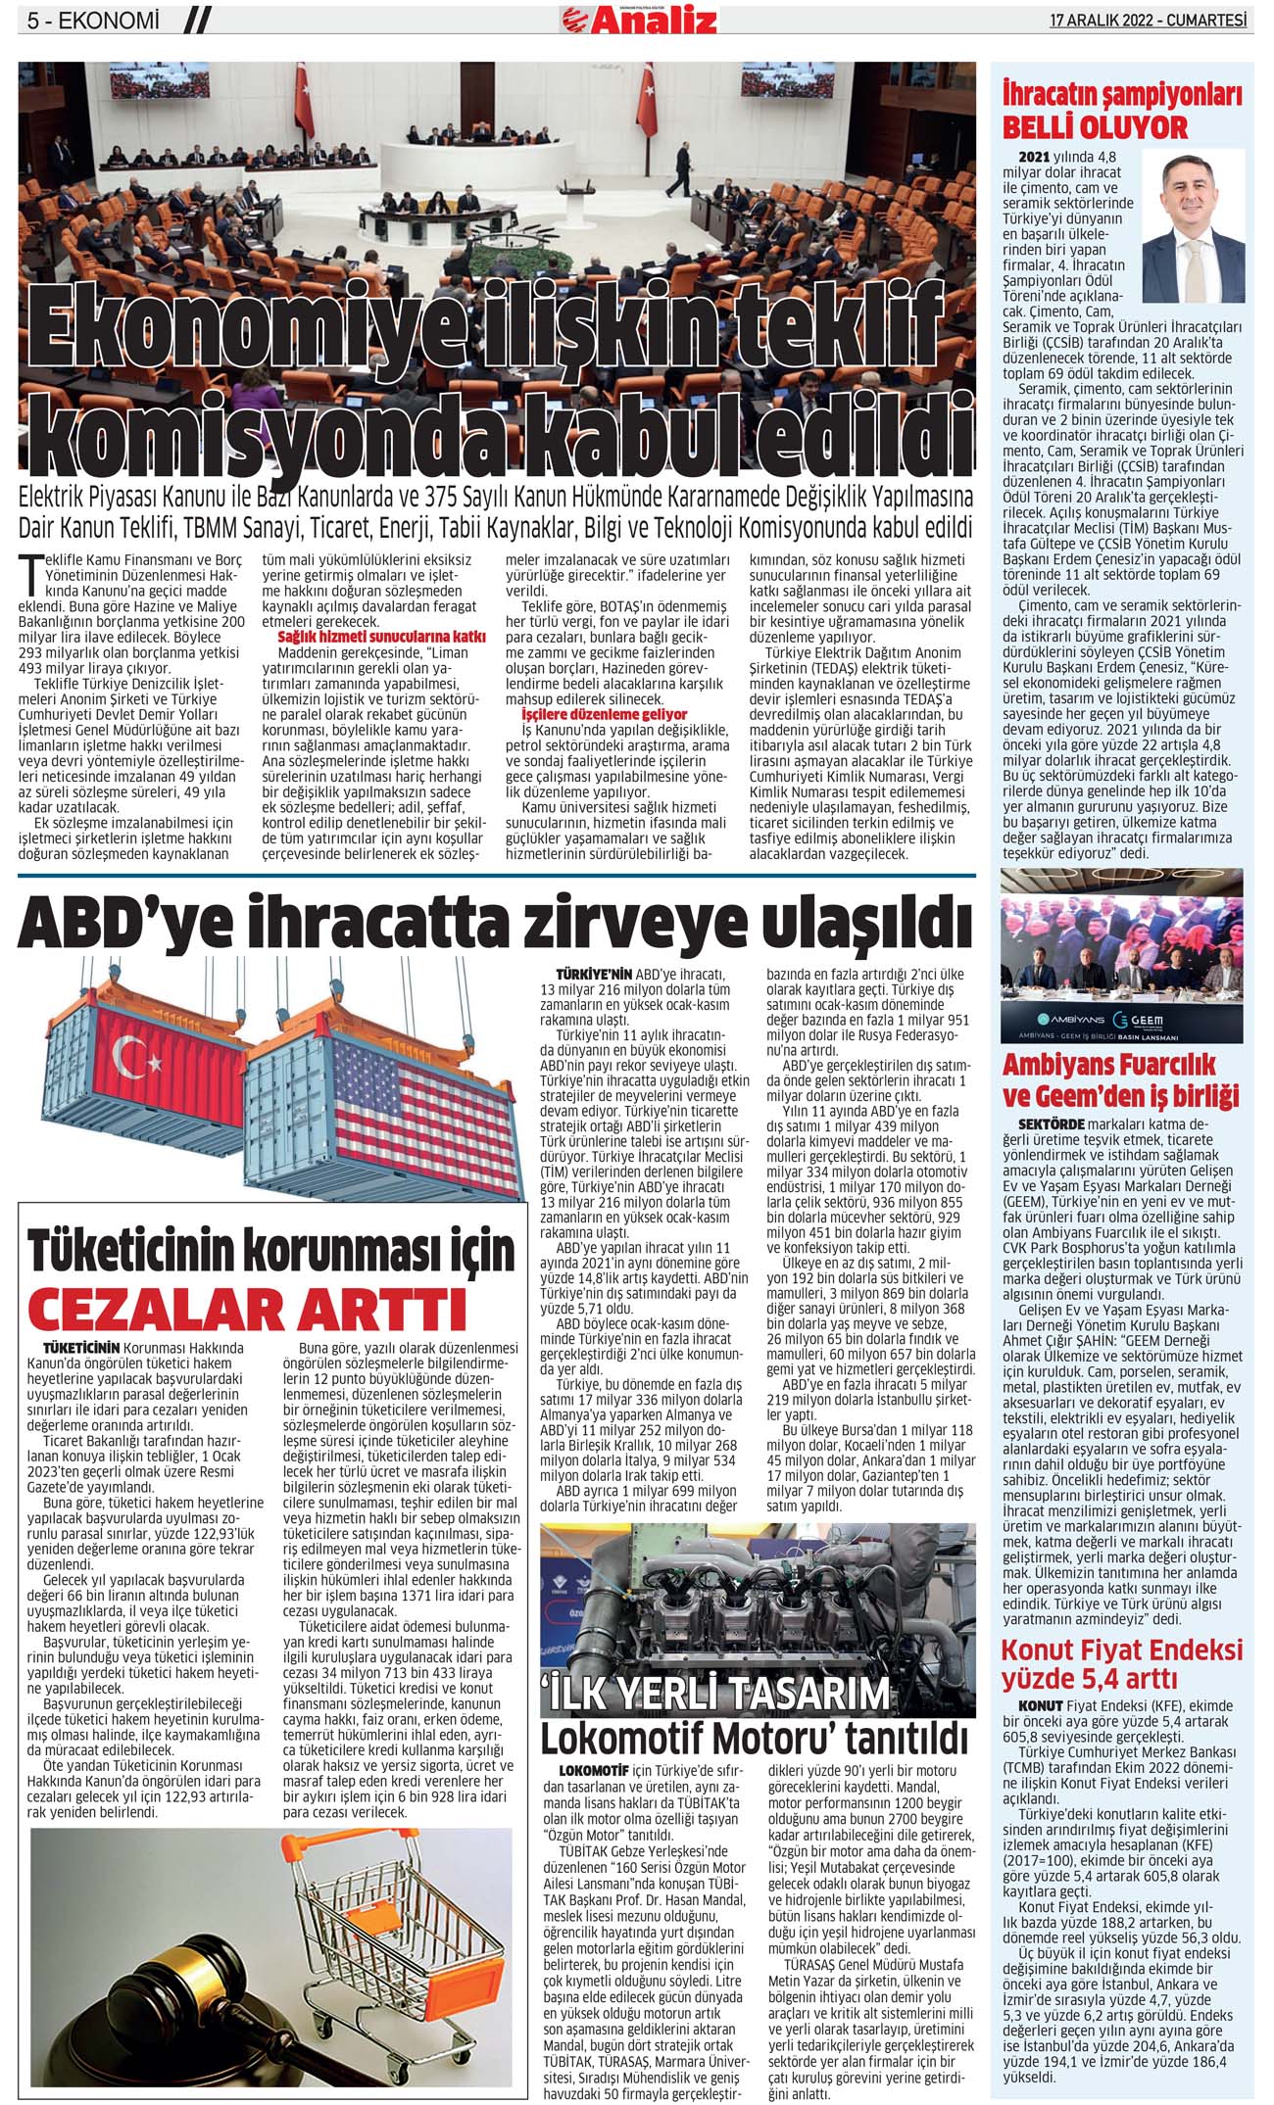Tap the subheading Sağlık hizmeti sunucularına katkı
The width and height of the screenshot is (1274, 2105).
[381, 637]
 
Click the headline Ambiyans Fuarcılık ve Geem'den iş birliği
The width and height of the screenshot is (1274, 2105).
[1120, 1077]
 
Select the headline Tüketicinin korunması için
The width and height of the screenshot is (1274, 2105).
[271, 1251]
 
